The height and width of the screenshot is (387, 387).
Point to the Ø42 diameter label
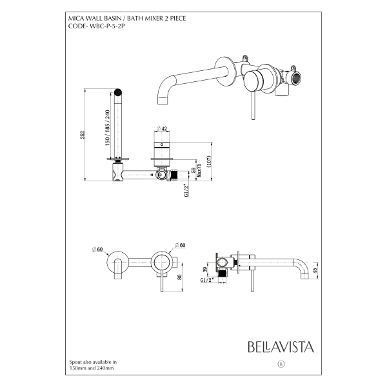pyautogui.click(x=162, y=128)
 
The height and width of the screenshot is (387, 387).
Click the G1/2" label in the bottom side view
pyautogui.click(x=207, y=281)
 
